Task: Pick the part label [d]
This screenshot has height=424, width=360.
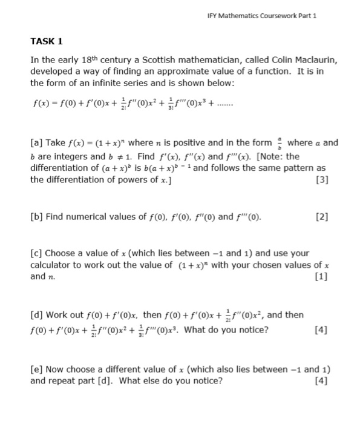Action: click(x=37, y=315)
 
